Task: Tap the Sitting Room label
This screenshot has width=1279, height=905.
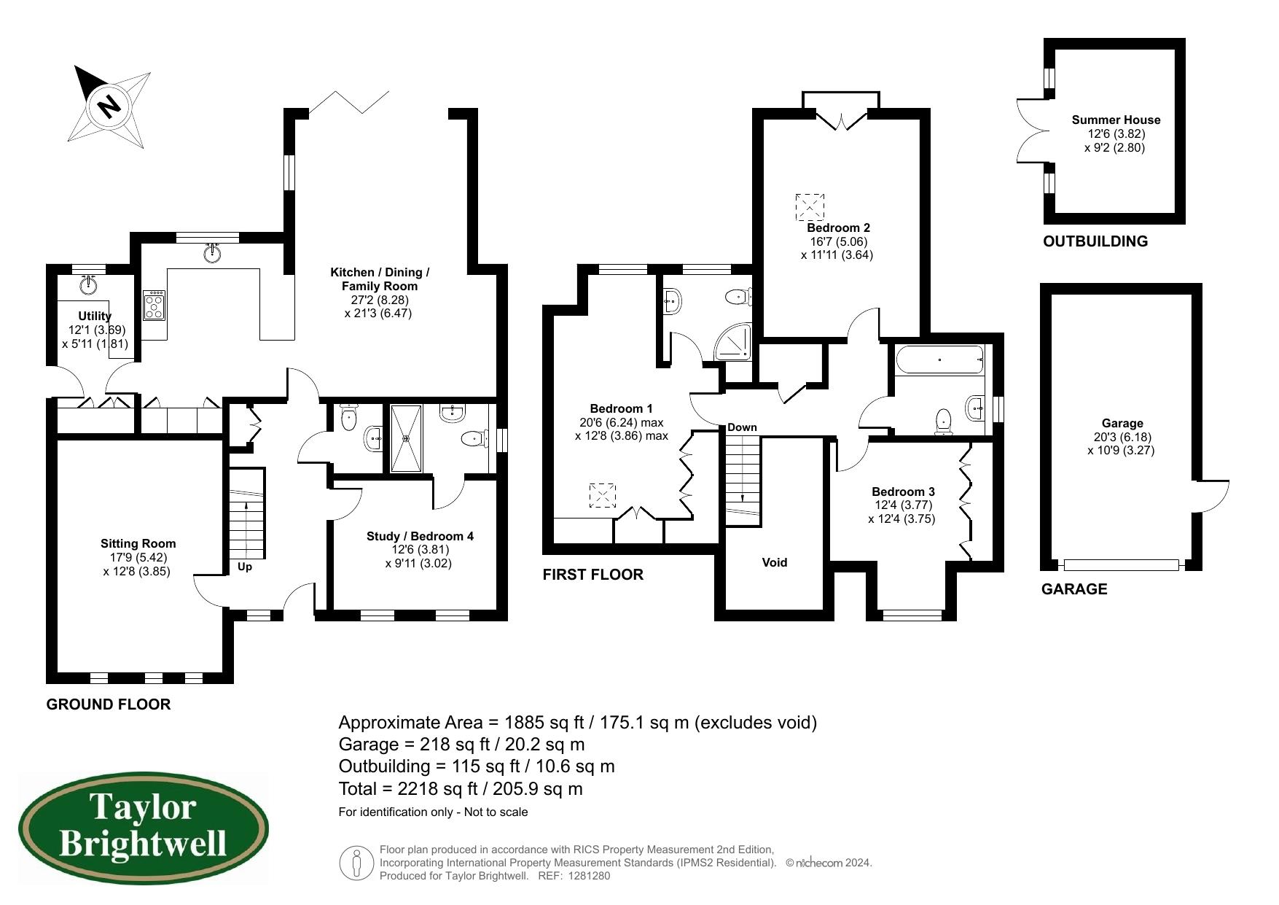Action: [138, 543]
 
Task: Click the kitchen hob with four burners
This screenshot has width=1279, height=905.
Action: [155, 306]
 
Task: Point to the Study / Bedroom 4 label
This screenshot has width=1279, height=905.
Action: [420, 536]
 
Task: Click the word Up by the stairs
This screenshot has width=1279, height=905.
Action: [245, 567]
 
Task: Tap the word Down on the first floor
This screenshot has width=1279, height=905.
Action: [742, 427]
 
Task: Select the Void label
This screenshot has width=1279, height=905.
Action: [774, 562]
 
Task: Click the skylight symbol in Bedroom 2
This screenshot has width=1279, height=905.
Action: [810, 207]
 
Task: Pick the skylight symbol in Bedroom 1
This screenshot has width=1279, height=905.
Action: [602, 496]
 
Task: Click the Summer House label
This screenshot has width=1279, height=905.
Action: [1116, 120]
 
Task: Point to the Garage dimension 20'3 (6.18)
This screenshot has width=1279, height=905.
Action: [1122, 437]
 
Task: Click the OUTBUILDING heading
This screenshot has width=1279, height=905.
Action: [1095, 241]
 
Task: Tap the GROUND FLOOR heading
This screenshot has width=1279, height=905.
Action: [109, 704]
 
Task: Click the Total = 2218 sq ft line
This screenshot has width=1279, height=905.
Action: [461, 789]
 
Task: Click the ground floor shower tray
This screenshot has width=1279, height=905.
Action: [406, 438]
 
